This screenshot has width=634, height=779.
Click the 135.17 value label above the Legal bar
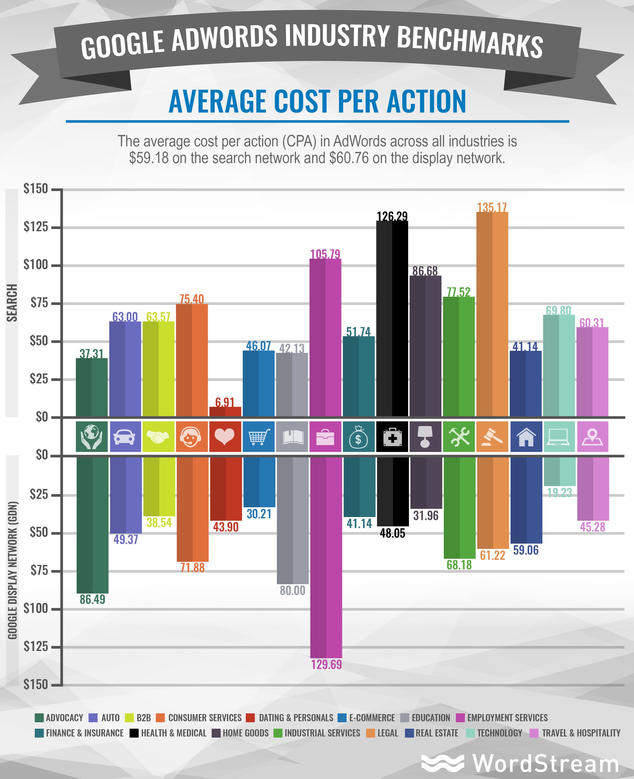tap(492, 208)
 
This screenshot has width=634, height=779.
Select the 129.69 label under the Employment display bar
tap(326, 664)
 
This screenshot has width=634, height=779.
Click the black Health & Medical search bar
tap(392, 318)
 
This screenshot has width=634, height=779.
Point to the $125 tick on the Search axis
tap(36, 227)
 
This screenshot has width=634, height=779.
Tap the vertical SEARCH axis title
tap(12, 303)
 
